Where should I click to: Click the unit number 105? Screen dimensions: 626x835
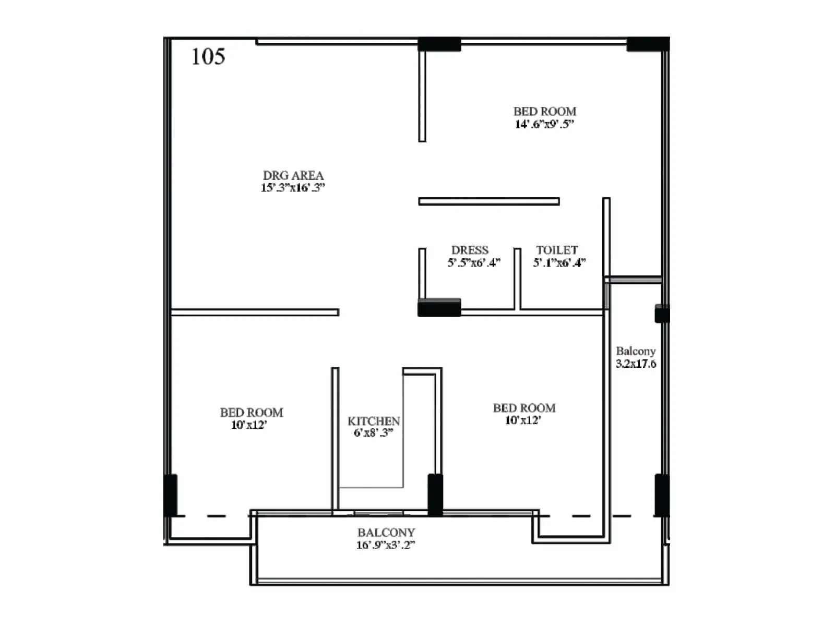click(208, 56)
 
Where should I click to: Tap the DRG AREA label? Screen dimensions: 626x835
click(293, 175)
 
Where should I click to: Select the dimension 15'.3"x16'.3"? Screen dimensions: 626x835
click(293, 188)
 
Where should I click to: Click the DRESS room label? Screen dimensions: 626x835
click(470, 250)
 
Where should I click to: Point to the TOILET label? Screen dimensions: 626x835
click(557, 250)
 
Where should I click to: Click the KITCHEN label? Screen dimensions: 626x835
click(374, 421)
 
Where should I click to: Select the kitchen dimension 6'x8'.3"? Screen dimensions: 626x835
click(373, 433)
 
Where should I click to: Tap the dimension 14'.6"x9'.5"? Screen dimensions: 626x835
click(544, 124)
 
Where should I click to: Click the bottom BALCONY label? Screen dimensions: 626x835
click(386, 533)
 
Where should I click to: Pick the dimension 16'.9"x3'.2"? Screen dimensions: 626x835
click(386, 545)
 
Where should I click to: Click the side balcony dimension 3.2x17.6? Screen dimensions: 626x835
click(636, 364)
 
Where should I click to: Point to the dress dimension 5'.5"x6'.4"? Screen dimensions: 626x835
click(474, 262)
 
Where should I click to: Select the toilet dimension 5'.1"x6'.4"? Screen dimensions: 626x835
click(559, 262)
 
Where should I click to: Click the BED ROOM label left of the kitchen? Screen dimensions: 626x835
click(252, 413)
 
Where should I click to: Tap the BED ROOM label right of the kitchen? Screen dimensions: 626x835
click(524, 408)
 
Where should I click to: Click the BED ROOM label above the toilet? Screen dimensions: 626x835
click(545, 111)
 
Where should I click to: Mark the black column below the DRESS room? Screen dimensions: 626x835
click(439, 308)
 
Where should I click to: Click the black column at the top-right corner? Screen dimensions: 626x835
click(648, 44)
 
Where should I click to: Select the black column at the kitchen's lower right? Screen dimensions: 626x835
click(435, 494)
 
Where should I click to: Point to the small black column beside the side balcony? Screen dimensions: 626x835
click(662, 314)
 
